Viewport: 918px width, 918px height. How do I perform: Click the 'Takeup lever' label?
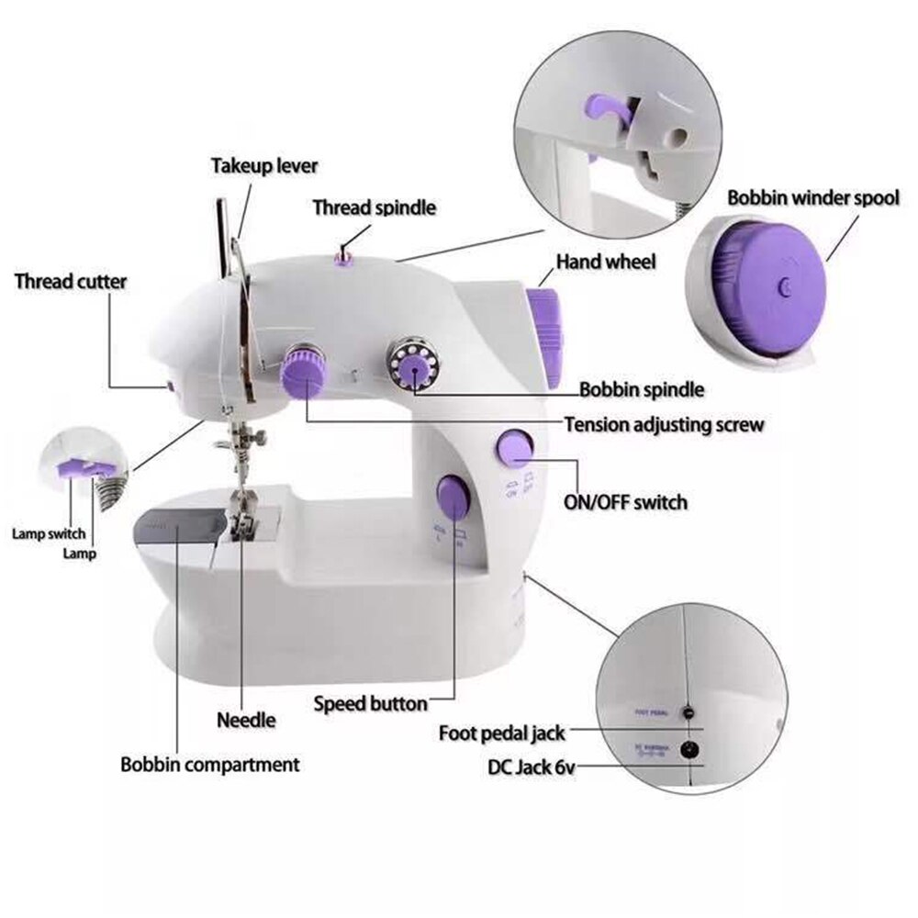tap(264, 166)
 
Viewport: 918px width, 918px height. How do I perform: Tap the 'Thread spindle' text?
tap(374, 207)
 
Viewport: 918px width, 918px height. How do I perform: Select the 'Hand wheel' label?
tap(606, 263)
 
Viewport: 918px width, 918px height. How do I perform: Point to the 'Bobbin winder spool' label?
tap(813, 198)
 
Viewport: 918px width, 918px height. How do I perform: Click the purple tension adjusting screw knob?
tap(303, 372)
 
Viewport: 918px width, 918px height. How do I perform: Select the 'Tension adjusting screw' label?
tap(663, 425)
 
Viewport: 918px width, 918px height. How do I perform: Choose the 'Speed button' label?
tap(370, 704)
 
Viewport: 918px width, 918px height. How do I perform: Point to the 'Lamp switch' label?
tap(48, 533)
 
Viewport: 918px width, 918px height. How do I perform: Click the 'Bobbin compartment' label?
tap(210, 764)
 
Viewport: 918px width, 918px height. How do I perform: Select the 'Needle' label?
tap(246, 720)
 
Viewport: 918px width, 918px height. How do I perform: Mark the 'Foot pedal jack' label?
tap(501, 733)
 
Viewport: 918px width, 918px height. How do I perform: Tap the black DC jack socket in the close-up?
tap(684, 750)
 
